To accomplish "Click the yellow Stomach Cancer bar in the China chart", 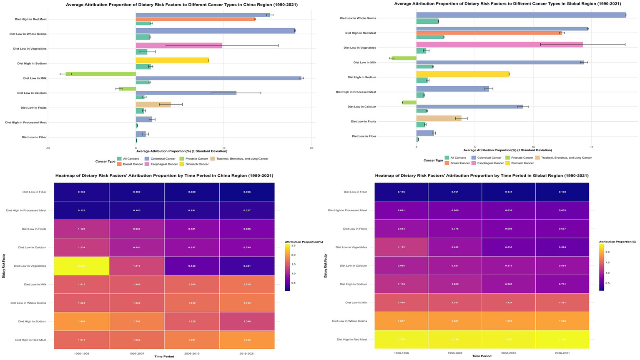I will tap(172, 60).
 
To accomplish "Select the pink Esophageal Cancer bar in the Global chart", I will tap(499, 45).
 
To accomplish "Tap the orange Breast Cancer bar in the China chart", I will tap(196, 19).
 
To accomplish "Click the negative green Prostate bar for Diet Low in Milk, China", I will tap(101, 74).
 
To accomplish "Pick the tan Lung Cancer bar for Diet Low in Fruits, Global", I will tap(439, 118).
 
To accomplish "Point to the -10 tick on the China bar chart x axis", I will tap(48, 148).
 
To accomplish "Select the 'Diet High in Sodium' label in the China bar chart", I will tap(32, 64).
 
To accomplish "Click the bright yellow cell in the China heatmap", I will tap(82, 266).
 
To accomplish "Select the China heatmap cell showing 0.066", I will tap(247, 192).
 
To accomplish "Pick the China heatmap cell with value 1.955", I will tap(247, 340).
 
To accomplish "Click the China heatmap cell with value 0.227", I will tap(247, 210).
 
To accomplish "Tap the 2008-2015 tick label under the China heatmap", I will tap(192, 353).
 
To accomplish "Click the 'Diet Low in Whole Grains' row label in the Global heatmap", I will tap(349, 321).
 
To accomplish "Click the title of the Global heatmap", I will tap(482, 176).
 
